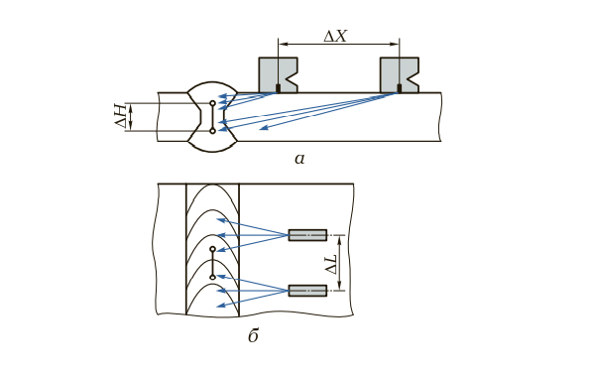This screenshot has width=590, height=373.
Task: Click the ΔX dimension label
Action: click(335, 36)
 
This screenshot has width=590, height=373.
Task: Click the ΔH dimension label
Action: click(121, 116)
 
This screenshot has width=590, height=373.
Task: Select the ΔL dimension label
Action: click(331, 263)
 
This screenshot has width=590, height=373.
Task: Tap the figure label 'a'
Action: click(299, 159)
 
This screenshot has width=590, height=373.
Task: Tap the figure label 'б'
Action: click(253, 334)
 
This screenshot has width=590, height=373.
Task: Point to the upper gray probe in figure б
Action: click(307, 235)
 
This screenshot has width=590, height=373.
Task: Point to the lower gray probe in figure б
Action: click(307, 291)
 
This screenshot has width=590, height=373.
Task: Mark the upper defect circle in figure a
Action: click(212, 103)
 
